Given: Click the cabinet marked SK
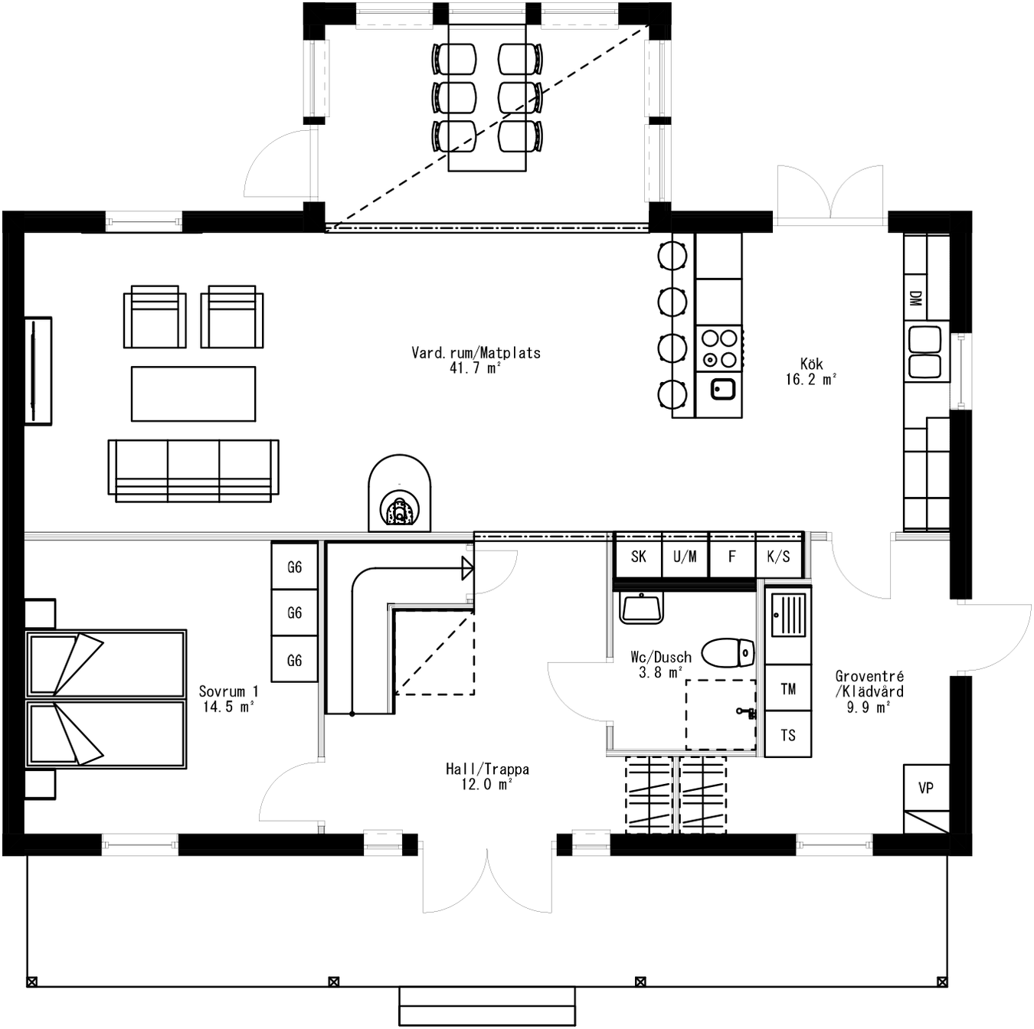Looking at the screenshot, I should (638, 557).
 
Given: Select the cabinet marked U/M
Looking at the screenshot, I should (685, 557).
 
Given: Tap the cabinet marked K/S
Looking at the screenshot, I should (778, 557).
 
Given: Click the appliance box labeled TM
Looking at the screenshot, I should (788, 688).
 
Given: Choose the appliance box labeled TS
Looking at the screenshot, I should (788, 735).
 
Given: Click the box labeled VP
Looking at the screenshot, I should (926, 788).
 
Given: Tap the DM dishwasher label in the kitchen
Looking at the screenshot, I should (915, 299).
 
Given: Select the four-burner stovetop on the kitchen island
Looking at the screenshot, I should (719, 348).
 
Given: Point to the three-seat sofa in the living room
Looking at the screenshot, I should (193, 469).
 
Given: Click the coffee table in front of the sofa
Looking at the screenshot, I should (193, 394).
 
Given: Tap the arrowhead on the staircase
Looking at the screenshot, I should (467, 568).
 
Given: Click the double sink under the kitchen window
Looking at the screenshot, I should (924, 352).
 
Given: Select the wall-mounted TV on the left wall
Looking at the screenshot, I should (37, 370).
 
